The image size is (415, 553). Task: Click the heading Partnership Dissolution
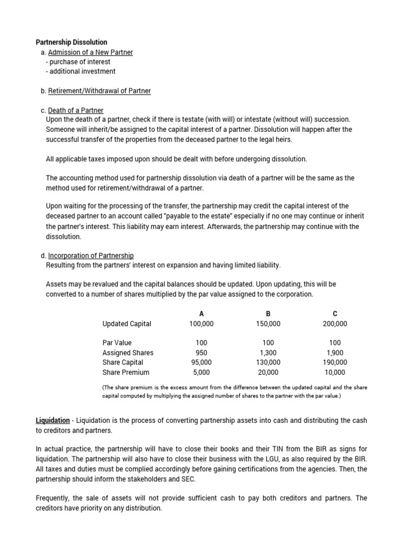tap(71, 42)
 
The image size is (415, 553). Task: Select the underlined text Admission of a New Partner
tap(90, 52)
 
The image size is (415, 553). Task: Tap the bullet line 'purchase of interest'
tap(78, 62)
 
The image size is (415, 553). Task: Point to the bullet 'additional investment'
tap(81, 71)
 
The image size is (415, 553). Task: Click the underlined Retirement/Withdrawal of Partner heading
tap(99, 91)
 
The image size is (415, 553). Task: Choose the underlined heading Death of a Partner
tap(76, 111)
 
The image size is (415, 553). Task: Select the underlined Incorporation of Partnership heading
tap(91, 255)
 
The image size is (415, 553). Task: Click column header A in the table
tap(202, 314)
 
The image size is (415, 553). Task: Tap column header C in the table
tap(335, 314)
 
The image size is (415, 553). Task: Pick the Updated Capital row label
tap(127, 324)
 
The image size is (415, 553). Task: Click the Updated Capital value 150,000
tap(268, 324)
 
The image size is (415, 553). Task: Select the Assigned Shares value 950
tap(202, 353)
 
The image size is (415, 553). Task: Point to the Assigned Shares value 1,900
tap(335, 353)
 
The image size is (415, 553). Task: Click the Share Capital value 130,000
tap(268, 362)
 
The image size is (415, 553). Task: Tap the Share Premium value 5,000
tap(202, 373)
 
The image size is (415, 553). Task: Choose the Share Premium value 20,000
tap(268, 373)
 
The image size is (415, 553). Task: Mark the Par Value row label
tap(117, 343)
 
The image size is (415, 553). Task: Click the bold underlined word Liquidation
tap(52, 420)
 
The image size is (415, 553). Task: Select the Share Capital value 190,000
tap(335, 362)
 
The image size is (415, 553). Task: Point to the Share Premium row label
tap(125, 373)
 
